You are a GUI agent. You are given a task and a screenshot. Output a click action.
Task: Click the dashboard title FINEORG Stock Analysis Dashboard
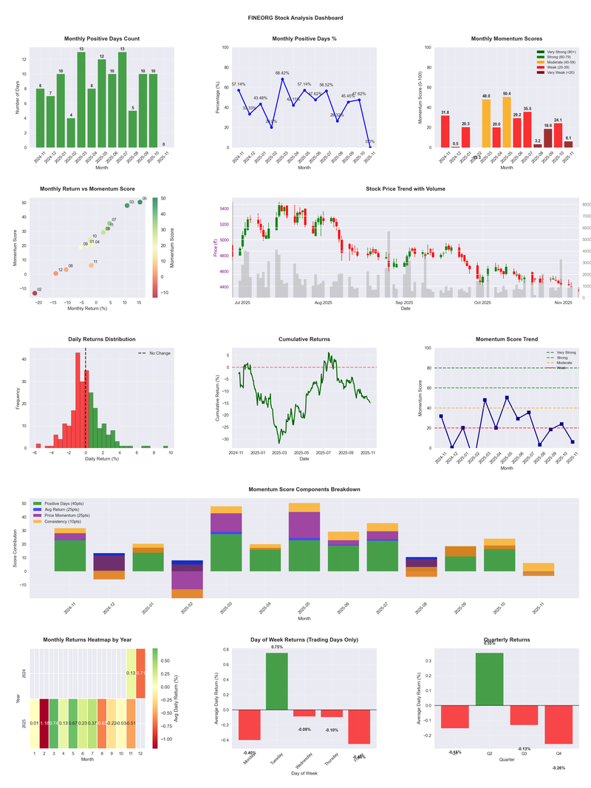pyautogui.click(x=295, y=18)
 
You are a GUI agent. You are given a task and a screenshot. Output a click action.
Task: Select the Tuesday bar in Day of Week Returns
pyautogui.click(x=277, y=681)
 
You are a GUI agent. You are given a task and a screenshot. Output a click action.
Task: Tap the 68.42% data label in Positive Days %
pyautogui.click(x=282, y=73)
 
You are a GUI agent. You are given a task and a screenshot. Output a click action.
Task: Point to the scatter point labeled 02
pyautogui.click(x=35, y=293)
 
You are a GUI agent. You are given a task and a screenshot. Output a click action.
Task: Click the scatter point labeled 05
pyautogui.click(x=140, y=202)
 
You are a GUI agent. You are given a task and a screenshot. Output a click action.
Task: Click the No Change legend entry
pyautogui.click(x=160, y=353)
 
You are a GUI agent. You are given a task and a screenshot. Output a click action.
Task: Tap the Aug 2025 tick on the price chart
pyautogui.click(x=323, y=302)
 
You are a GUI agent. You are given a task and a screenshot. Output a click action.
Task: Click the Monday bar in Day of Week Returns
pyautogui.click(x=250, y=724)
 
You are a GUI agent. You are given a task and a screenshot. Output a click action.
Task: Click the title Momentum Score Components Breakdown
pyautogui.click(x=304, y=489)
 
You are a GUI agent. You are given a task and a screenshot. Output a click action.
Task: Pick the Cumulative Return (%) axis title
pyautogui.click(x=218, y=398)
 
